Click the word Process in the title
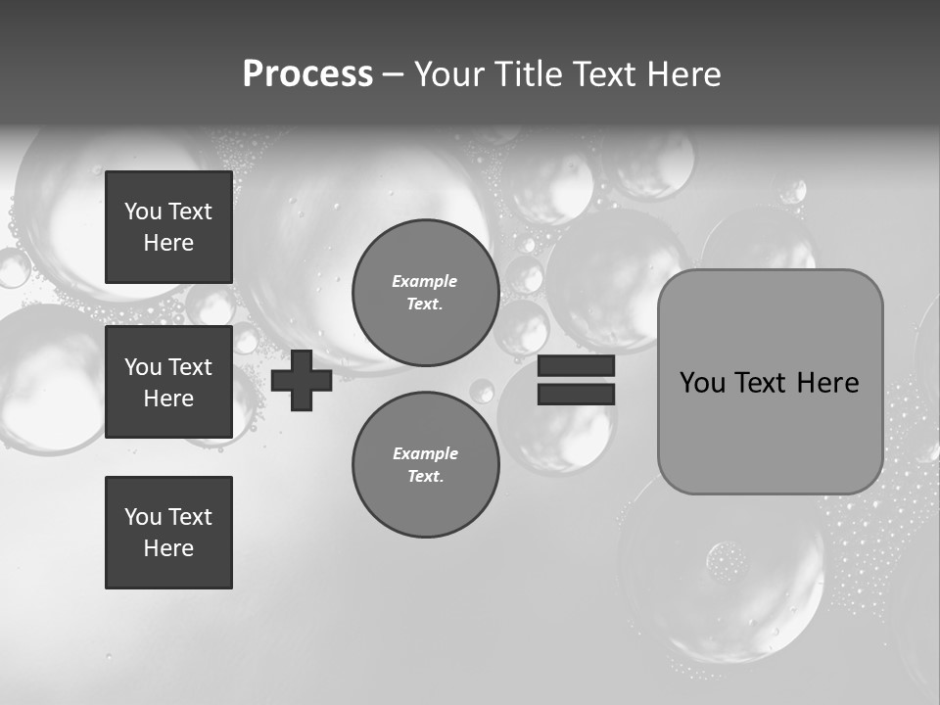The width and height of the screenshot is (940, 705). [307, 74]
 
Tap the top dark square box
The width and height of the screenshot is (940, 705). [168, 227]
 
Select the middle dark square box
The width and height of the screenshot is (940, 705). [168, 382]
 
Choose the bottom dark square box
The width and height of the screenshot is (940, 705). [168, 533]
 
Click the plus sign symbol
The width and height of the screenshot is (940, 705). [302, 380]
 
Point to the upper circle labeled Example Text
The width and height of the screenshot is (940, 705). [426, 292]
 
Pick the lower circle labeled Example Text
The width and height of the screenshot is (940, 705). [426, 465]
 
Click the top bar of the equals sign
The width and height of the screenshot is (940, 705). [576, 365]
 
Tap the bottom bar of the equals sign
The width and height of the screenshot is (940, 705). [576, 394]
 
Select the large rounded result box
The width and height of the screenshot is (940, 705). [770, 382]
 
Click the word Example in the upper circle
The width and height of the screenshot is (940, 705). [424, 281]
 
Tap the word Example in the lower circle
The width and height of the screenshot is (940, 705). [424, 453]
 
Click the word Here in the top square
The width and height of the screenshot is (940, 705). [168, 243]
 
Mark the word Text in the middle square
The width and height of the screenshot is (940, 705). [190, 367]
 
